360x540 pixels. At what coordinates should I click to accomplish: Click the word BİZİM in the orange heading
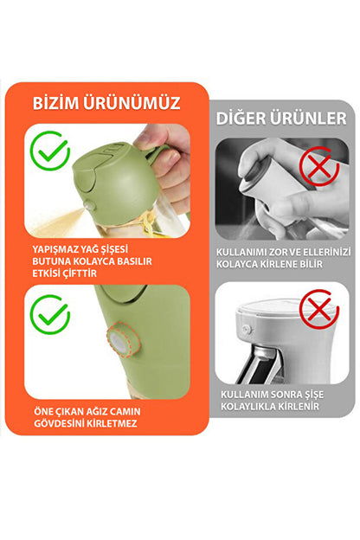(x=58, y=104)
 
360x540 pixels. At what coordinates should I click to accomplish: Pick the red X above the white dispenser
(x=318, y=310)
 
